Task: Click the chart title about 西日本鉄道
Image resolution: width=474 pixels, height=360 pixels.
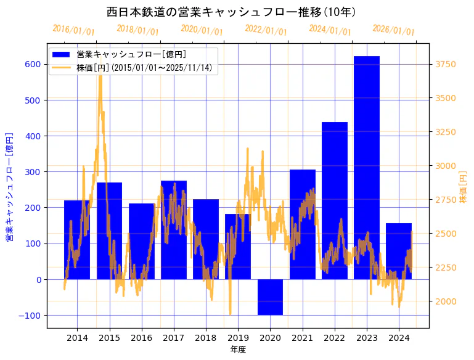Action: coord(231,12)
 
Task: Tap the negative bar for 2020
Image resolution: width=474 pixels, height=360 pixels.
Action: coord(270,297)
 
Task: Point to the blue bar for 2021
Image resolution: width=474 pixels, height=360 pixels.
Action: coord(303,224)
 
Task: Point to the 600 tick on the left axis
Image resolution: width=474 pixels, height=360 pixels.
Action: coord(33,64)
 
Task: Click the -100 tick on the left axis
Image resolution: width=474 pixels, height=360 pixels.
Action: coord(31,316)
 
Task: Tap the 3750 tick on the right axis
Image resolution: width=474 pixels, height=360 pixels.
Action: coord(446,64)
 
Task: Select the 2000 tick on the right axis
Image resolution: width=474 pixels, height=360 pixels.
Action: coord(446,301)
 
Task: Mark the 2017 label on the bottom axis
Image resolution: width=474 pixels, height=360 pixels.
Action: coord(174,338)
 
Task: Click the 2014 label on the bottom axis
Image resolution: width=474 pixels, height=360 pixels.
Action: coord(77,338)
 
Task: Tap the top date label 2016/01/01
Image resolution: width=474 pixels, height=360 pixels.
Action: coord(73,30)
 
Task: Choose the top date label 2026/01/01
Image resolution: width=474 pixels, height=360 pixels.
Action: coord(394,30)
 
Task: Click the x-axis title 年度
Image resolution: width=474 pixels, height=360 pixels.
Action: coord(238,350)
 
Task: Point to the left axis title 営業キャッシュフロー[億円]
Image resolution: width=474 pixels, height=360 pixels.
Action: coord(9,186)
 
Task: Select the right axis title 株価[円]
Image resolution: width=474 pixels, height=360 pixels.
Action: coord(464,187)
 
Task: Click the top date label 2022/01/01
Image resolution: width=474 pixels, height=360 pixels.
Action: coord(266,30)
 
